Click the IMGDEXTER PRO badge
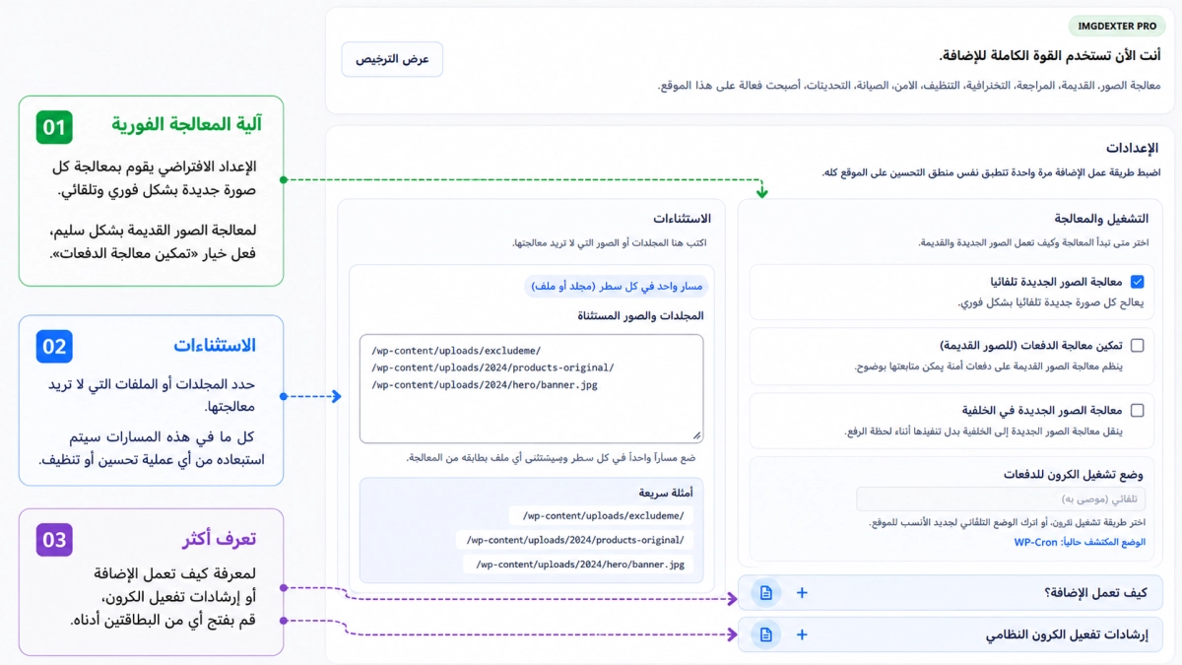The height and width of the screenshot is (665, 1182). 1117,26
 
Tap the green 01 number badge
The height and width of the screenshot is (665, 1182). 54,127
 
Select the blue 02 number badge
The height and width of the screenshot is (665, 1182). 54,346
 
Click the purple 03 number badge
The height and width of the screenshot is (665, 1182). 54,540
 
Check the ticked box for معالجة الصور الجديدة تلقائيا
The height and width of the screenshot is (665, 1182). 1137,282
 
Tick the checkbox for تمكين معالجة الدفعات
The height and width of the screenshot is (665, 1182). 1137,346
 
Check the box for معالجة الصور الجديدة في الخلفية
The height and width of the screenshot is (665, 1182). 1137,410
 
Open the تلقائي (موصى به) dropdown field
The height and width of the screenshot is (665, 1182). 1001,499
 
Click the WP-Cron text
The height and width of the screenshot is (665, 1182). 1035,542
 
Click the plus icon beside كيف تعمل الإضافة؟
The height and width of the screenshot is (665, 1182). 802,593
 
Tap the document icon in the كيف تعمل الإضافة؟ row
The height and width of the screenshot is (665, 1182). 765,593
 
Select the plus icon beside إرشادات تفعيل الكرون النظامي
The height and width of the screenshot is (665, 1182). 802,634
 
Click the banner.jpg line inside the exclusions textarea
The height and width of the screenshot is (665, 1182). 485,385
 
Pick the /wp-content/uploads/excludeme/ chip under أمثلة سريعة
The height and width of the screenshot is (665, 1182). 603,515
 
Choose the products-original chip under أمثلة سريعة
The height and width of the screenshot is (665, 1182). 574,540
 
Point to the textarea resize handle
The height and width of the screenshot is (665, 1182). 697,435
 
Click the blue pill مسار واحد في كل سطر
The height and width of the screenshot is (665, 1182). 617,286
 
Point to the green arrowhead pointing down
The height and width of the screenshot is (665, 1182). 761,192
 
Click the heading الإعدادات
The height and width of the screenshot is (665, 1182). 1132,149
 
